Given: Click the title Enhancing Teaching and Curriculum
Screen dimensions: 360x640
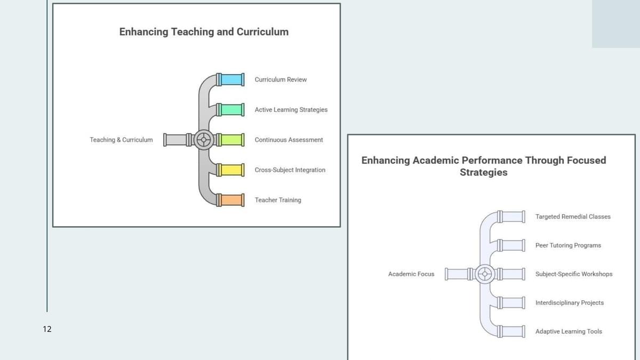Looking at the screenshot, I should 204,32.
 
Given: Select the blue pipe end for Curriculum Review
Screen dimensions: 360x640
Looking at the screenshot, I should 231,79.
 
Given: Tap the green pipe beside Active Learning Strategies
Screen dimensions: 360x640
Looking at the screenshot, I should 231,110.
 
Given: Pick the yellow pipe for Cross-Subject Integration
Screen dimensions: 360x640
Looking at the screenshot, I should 231,170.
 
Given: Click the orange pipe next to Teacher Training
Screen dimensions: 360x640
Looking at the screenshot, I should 231,200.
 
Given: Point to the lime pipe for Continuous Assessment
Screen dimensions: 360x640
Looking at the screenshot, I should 231,140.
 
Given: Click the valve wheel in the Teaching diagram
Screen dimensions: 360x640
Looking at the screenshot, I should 203,140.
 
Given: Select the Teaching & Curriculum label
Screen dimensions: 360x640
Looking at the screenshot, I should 121,140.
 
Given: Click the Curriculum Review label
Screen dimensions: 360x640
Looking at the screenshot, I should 281,79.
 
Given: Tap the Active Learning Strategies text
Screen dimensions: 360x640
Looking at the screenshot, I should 291,110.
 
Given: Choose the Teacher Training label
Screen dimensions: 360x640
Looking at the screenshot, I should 278,200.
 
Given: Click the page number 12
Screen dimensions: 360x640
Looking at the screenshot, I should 47,329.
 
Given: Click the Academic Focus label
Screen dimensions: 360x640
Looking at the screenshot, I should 411,274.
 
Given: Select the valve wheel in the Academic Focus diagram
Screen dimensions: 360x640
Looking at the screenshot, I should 484,274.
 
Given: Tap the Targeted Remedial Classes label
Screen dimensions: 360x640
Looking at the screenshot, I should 573,217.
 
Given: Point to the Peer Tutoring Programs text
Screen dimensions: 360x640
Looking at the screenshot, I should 568,245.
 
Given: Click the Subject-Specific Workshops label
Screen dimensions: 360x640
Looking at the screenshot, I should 574,274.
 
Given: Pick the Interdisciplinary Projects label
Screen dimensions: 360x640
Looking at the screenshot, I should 570,303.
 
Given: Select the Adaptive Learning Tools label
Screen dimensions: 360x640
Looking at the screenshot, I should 569,332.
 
